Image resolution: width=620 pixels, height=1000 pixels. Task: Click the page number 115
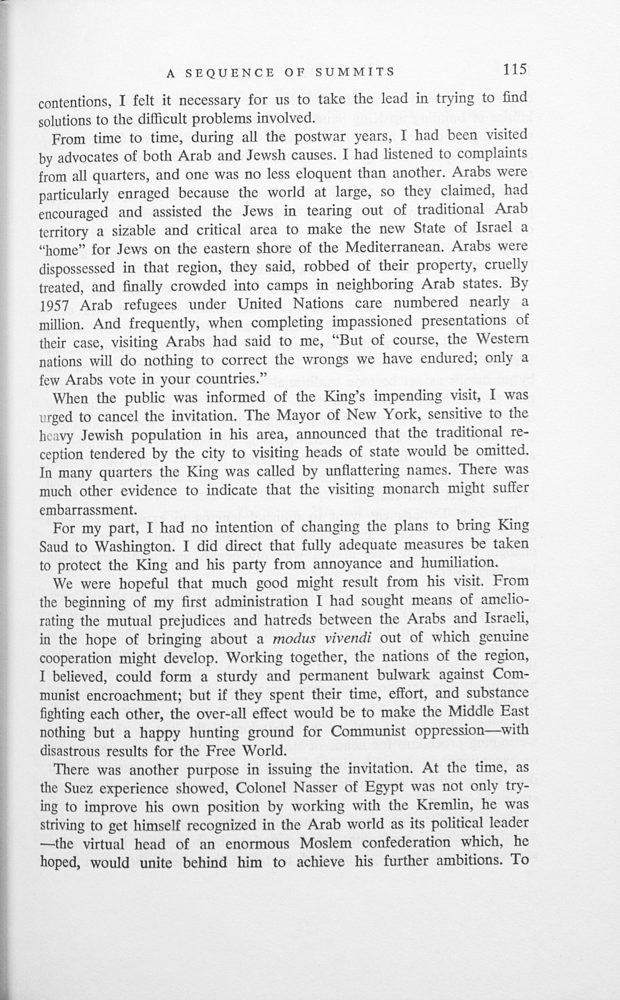[x=515, y=70]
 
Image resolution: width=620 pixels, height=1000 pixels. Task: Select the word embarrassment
[x=87, y=510]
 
